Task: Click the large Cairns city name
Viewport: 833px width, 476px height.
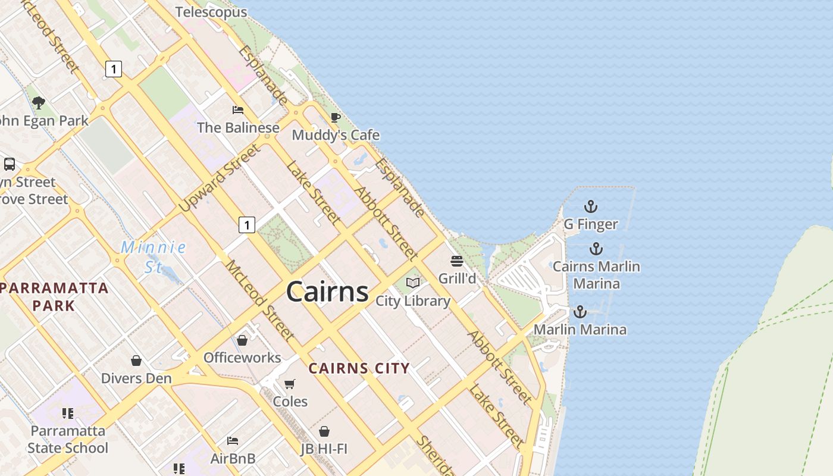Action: [x=327, y=292]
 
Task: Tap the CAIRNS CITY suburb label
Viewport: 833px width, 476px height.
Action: [x=359, y=368]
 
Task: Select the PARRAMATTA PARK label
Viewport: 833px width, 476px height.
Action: [x=54, y=297]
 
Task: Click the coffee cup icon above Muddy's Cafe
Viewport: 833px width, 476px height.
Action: [x=336, y=117]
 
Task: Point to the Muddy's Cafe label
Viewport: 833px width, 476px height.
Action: [x=336, y=135]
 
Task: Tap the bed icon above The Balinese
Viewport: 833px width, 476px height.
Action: [x=238, y=110]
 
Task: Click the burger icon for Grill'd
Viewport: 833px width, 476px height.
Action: [x=457, y=261]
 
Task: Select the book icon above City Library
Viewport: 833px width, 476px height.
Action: [x=413, y=283]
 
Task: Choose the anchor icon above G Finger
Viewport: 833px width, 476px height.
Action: [x=590, y=206]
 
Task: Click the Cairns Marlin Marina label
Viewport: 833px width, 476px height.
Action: [x=596, y=275]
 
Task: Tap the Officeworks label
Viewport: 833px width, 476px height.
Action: [x=242, y=358]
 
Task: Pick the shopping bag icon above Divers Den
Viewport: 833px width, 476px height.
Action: [x=136, y=361]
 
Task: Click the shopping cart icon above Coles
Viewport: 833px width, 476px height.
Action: [x=290, y=384]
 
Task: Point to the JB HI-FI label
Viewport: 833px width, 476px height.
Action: [x=324, y=449]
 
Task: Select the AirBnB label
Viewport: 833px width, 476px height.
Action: [x=233, y=459]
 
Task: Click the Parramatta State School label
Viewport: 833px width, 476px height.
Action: [x=68, y=439]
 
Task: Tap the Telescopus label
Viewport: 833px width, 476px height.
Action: [x=211, y=12]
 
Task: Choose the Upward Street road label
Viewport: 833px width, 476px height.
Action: [x=220, y=178]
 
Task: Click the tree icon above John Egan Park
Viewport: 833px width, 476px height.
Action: [x=39, y=103]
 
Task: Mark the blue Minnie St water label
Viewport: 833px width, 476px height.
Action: [x=154, y=256]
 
